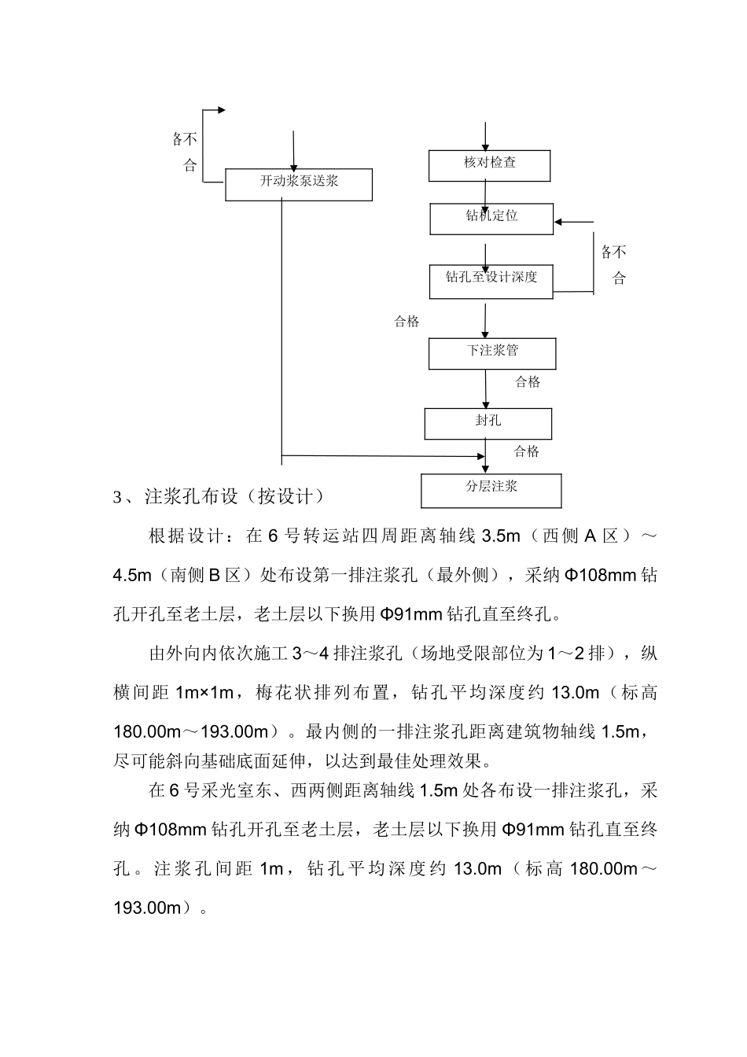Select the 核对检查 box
[489, 165]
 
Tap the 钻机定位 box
[491, 219]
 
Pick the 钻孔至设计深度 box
[491, 282]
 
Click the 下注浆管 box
[491, 353]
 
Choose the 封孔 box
[488, 423]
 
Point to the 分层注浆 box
[491, 490]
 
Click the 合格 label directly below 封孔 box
[527, 451]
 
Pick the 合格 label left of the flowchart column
[407, 321]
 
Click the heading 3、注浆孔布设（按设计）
[219, 497]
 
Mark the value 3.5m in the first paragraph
[500, 536]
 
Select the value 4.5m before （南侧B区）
[132, 575]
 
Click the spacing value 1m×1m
[205, 692]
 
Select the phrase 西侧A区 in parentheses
[582, 536]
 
